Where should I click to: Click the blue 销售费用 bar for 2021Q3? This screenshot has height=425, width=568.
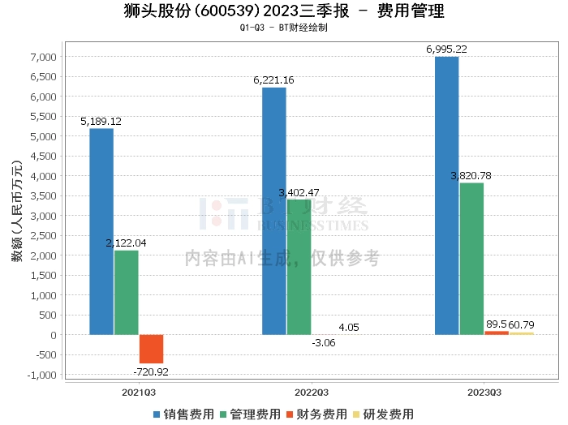tap(101, 231)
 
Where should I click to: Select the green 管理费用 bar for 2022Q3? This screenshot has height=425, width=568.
tap(299, 267)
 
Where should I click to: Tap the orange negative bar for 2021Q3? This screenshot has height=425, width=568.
tap(151, 349)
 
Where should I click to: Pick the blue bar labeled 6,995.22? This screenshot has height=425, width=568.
tap(446, 195)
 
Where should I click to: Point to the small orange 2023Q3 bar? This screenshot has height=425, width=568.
tap(497, 333)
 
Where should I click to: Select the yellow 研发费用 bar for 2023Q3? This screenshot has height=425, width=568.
tap(522, 333)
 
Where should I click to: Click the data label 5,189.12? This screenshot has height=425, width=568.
tap(101, 121)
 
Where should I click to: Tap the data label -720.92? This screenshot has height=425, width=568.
tap(151, 371)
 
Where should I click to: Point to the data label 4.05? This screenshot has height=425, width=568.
tap(349, 328)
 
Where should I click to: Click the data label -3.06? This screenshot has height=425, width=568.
tap(324, 343)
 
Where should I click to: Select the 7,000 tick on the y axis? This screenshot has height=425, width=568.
tap(43, 57)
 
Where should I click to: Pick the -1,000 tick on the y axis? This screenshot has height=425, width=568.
tap(43, 375)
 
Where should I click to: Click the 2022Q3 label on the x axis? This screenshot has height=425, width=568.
tap(312, 392)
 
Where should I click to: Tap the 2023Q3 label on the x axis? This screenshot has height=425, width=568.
tap(484, 392)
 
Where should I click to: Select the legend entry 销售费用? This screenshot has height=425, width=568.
tap(183, 414)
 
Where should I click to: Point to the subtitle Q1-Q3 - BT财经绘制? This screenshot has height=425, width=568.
tap(283, 28)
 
